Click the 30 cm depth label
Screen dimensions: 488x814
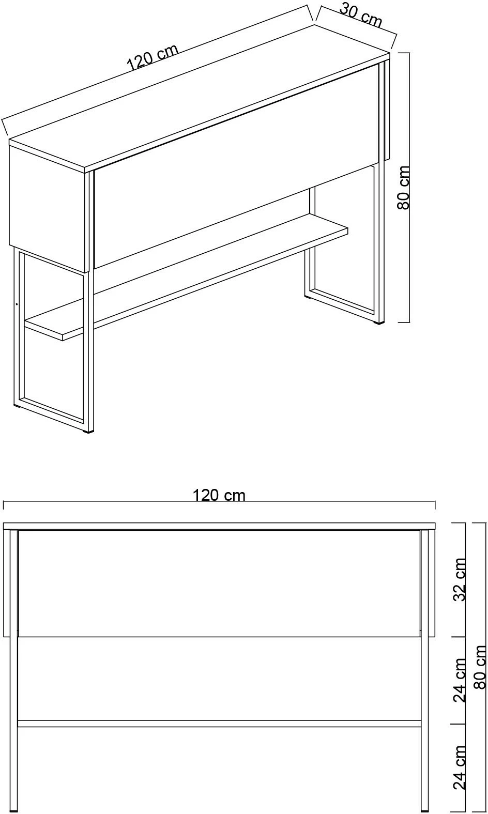361,16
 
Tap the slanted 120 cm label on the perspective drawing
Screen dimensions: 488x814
152,57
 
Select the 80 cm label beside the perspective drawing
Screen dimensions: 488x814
403,188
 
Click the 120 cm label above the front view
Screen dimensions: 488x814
219,495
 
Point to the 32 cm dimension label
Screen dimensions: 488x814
460,580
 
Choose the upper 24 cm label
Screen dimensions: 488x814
460,680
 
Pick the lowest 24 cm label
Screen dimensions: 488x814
460,767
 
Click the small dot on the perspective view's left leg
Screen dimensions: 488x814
17,303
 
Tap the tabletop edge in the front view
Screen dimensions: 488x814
219,526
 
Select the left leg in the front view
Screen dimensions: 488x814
14,670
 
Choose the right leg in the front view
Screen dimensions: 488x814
425,670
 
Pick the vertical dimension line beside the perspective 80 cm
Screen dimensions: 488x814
409,188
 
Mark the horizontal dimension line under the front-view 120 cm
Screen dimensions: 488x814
219,501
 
